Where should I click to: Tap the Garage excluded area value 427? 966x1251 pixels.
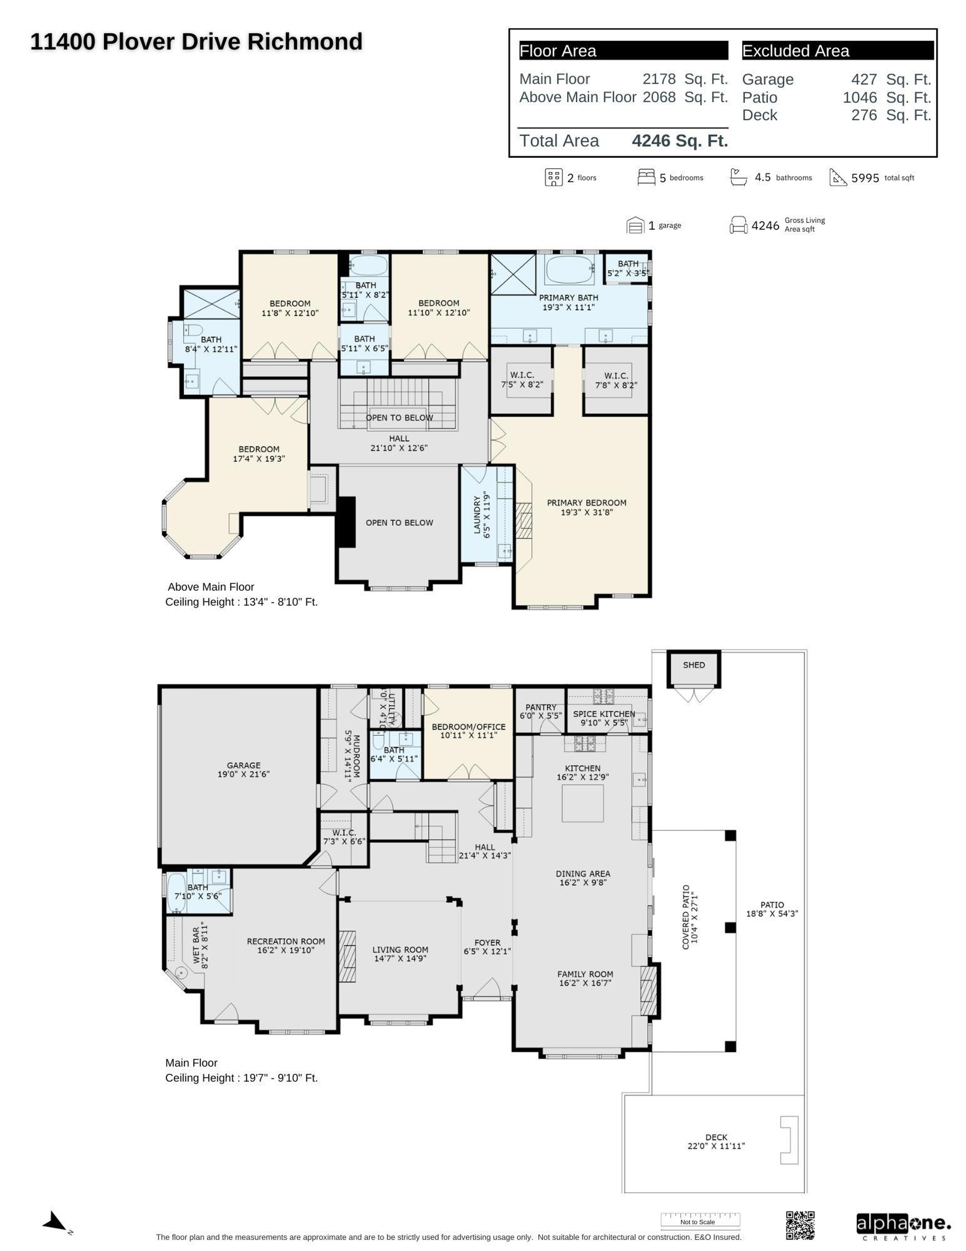point(864,80)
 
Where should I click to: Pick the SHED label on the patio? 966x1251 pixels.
point(694,665)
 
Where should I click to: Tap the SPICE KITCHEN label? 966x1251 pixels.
point(603,714)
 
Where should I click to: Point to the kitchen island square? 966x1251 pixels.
point(582,803)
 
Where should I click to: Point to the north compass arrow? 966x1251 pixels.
point(56,1222)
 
